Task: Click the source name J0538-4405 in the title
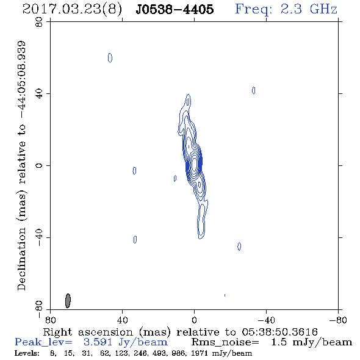175,10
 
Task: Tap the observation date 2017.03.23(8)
72,10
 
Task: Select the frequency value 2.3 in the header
291,9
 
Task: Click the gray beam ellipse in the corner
68,301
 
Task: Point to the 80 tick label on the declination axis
39,22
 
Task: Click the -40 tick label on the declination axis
39,237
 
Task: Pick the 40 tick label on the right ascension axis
122,320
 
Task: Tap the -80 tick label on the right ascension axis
338,320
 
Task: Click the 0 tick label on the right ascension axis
194,320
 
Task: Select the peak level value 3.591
98,342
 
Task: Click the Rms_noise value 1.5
279,342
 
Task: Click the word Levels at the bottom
27,353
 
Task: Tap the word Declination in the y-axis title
21,259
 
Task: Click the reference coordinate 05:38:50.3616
279,332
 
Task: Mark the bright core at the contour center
194,164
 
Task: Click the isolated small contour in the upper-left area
110,57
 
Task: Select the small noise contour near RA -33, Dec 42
253,90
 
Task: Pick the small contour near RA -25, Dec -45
239,246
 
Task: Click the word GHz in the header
323,9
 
